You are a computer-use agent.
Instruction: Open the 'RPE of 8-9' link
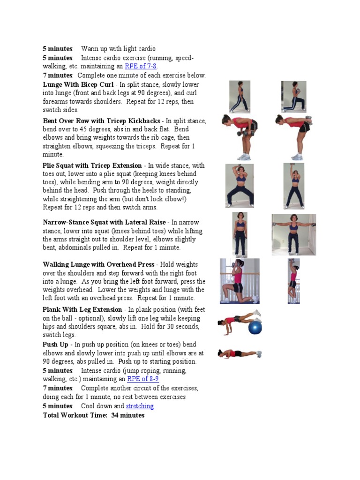pos(142,379)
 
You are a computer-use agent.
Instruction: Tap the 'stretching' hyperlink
pos(140,406)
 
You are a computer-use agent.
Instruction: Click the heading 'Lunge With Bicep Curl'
pos(78,85)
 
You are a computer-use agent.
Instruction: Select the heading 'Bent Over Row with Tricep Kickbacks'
pos(101,121)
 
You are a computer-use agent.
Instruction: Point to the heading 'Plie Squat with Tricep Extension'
pos(92,165)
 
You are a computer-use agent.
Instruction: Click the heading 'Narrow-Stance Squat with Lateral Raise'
pos(104,222)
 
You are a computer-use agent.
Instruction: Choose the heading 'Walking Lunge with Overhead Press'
pos(98,265)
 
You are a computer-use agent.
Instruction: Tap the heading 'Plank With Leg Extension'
pos(82,310)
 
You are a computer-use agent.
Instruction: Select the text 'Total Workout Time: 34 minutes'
pos(94,415)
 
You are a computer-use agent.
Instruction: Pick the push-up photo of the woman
pos(240,353)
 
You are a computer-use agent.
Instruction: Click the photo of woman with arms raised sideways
pos(293,235)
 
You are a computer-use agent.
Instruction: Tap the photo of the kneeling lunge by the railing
pos(240,281)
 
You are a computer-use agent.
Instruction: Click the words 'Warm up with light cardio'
pos(118,49)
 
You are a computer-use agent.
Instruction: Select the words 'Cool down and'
pos(103,406)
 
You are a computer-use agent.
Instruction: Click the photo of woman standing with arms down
pos(240,234)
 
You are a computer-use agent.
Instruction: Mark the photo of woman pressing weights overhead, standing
pos(293,281)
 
